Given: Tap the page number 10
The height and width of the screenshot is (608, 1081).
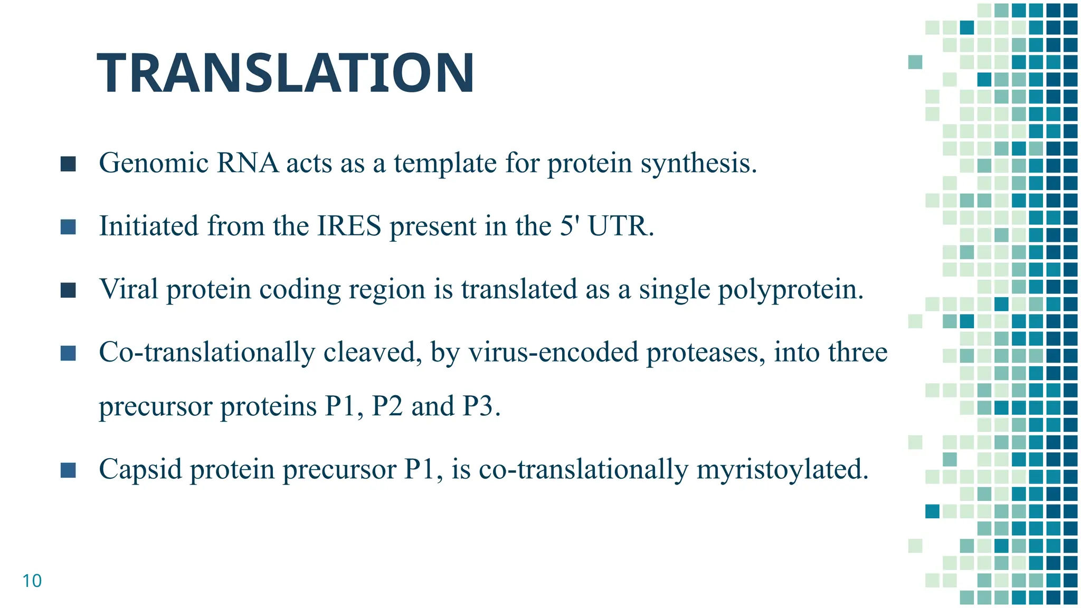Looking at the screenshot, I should pyautogui.click(x=32, y=581).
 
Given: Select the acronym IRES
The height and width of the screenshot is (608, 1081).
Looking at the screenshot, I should pyautogui.click(x=349, y=226).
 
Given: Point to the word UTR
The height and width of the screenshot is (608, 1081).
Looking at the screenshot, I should pyautogui.click(x=620, y=226).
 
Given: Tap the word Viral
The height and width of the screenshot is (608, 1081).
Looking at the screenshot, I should pyautogui.click(x=129, y=289).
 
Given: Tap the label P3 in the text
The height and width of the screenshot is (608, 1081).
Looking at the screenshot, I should pyautogui.click(x=481, y=406).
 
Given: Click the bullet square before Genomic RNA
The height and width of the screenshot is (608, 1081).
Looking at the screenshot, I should pyautogui.click(x=68, y=164).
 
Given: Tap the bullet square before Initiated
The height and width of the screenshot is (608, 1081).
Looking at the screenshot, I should pyautogui.click(x=68, y=227).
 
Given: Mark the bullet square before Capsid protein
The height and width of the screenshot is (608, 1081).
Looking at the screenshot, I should pyautogui.click(x=68, y=470).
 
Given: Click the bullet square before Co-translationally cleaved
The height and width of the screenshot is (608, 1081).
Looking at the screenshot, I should pyautogui.click(x=68, y=353).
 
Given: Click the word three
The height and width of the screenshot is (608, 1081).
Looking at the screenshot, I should pyautogui.click(x=857, y=352).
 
